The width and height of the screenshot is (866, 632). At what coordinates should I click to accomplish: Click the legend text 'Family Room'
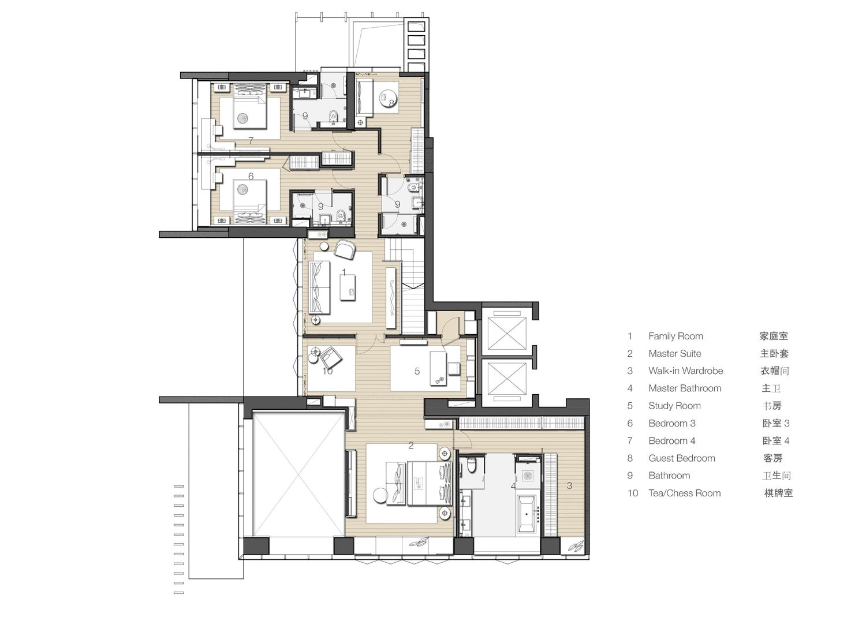675,336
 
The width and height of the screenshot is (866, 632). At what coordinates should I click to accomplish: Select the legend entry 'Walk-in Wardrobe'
685,371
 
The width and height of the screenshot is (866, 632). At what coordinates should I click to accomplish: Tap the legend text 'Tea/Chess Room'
684,493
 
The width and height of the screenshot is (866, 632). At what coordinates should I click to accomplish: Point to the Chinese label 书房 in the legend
772,406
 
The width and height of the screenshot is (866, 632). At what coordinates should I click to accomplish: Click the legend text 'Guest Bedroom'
682,458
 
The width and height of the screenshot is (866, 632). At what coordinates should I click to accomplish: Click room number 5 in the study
417,372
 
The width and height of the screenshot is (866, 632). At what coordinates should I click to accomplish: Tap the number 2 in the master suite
411,446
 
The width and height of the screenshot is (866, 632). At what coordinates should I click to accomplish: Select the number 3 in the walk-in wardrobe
569,486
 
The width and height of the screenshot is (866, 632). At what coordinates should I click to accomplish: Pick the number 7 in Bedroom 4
251,141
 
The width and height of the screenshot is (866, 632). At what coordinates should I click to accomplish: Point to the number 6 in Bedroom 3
251,176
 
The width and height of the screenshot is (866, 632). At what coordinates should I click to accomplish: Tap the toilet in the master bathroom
472,466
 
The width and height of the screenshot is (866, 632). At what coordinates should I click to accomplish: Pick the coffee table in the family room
348,287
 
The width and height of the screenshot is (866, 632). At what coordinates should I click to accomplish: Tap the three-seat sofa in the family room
319,287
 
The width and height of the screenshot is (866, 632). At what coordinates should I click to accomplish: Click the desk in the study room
438,368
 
